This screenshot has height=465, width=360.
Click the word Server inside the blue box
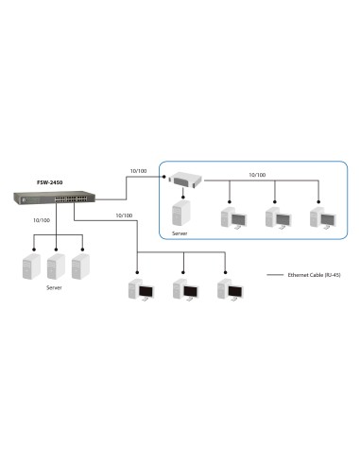point(180,232)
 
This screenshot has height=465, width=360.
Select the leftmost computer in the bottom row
point(141,290)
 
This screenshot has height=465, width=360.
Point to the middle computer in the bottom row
point(182,290)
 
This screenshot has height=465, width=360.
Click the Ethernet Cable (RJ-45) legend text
point(320,275)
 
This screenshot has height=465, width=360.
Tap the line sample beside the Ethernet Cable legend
point(277,275)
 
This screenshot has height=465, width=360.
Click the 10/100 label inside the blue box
point(257,175)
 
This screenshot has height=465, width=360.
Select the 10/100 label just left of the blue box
point(137,171)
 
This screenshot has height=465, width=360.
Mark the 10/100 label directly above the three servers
point(42,219)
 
